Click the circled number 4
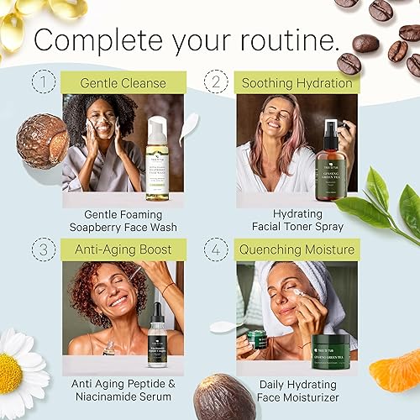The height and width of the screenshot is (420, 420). pos(218,249)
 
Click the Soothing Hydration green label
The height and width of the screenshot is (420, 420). pos(297,82)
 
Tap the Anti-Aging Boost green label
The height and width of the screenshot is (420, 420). pos(123,249)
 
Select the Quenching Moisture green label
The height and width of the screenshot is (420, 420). pos(297,249)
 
